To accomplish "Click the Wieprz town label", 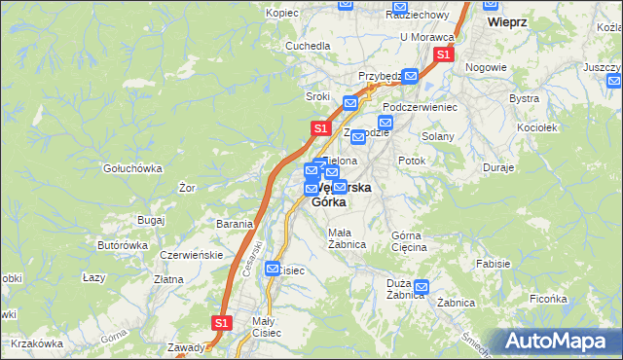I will coord(507,21).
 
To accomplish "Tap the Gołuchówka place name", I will coord(133,167).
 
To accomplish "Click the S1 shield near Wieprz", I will coord(443,54).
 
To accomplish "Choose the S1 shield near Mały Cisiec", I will coord(222,322).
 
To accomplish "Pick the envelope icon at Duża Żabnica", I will coord(421,287).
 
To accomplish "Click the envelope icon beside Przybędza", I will coord(410,76).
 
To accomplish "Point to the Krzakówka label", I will coord(38,343).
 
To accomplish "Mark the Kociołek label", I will coord(537,127).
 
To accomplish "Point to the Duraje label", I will coord(497,167).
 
